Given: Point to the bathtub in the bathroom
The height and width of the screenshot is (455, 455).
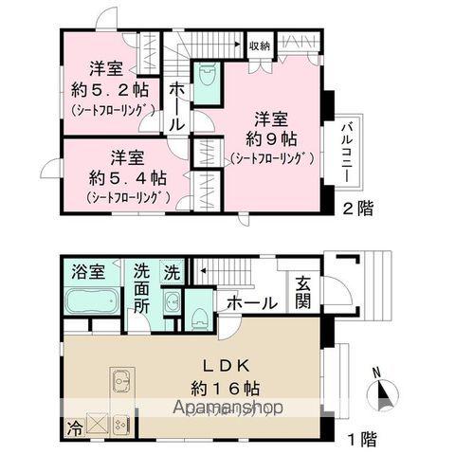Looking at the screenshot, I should pyautogui.click(x=91, y=302).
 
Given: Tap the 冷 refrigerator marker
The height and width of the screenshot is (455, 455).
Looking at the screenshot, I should pyautogui.click(x=73, y=426).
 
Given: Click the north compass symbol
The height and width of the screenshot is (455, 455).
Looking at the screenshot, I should pyautogui.click(x=383, y=391).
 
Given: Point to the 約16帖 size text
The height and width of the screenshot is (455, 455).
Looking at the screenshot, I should pyautogui.click(x=225, y=389).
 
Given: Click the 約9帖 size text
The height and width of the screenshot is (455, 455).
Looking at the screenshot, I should pyautogui.click(x=269, y=138).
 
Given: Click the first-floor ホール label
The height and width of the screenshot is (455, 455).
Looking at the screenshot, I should pyautogui.click(x=251, y=303).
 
